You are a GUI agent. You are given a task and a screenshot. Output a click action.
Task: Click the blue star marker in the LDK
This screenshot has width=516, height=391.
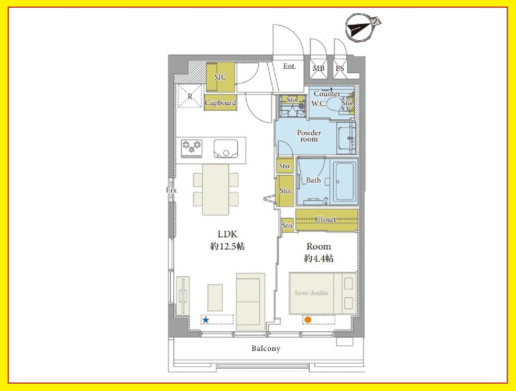click(206, 320)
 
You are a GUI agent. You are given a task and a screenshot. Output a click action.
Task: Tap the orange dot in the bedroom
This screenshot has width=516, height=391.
click(308, 320)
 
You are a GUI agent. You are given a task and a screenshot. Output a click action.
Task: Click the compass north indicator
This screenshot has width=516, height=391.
click(363, 27)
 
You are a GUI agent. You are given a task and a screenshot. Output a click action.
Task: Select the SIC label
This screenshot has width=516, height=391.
click(220, 77)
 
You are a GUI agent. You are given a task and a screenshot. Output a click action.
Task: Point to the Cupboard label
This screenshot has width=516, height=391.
click(220, 102)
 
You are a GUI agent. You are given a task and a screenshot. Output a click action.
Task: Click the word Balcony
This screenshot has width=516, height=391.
click(266, 348)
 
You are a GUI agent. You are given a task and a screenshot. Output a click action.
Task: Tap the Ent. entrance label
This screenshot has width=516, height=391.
click(289, 66)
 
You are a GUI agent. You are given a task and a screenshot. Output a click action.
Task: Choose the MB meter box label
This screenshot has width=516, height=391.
click(318, 68)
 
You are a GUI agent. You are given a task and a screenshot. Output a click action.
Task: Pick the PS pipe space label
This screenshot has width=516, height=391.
click(340, 68)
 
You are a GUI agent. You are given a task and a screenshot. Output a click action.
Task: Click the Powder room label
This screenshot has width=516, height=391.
click(309, 136)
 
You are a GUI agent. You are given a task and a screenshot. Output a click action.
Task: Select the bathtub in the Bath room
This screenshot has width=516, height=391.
click(345, 182)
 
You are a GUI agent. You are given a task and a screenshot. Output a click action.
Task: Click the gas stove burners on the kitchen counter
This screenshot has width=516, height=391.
click(191, 148)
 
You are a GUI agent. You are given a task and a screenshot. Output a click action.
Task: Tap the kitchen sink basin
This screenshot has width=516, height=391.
click(226, 148)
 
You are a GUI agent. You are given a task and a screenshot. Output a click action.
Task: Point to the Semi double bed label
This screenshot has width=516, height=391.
click(312, 293)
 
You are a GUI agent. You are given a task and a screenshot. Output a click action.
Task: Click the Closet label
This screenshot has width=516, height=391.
click(325, 219)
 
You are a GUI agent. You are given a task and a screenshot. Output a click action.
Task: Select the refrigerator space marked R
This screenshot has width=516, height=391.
click(190, 96)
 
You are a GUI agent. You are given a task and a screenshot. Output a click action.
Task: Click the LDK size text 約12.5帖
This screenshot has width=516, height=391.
click(227, 246)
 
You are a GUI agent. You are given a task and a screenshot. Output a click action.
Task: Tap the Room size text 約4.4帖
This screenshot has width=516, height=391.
click(318, 258)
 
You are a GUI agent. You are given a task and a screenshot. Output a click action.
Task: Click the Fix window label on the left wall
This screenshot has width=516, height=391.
click(171, 190)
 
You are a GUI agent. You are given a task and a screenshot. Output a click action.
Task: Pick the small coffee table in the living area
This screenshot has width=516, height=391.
click(215, 298)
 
